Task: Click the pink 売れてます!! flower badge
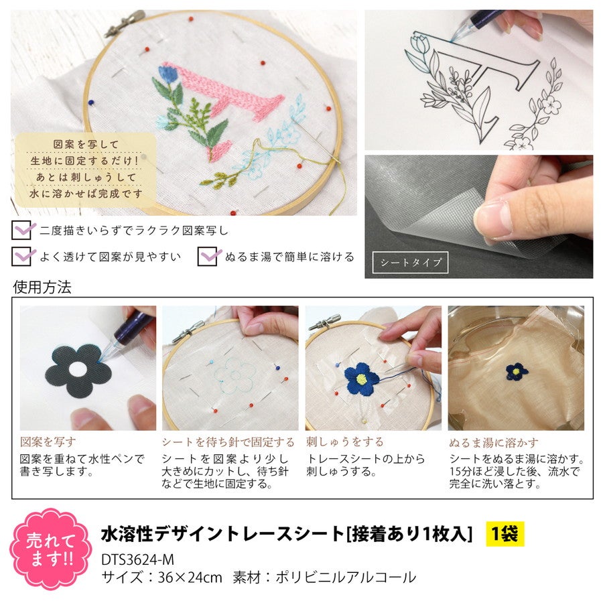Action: point(50,549)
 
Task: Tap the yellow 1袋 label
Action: point(505,534)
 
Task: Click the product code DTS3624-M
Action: point(137,559)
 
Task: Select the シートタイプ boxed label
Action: point(410,262)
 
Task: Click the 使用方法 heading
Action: point(42,287)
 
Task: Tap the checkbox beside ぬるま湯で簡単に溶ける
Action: point(208,256)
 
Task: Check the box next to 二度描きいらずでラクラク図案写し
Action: point(21,230)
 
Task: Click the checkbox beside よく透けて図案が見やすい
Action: point(21,256)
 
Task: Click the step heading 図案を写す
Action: point(48,442)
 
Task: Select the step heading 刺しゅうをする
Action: point(344,442)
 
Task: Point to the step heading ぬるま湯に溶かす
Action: point(493,443)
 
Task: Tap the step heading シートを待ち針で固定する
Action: point(228,442)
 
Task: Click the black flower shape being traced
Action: point(78,371)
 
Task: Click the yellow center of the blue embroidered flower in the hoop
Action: point(361,380)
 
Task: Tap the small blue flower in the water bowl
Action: point(517,371)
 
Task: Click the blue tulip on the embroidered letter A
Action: point(167,74)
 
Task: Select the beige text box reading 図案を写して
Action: point(85,170)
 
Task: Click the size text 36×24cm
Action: point(190,577)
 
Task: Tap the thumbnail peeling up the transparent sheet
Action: point(479,217)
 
